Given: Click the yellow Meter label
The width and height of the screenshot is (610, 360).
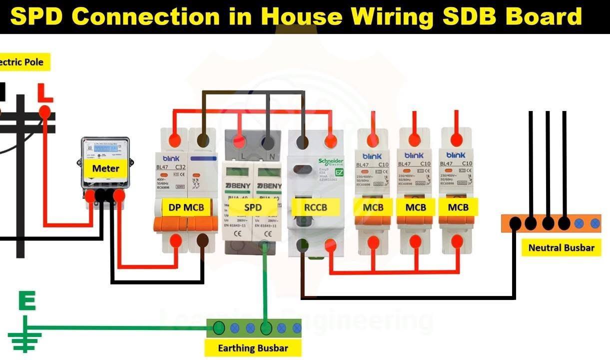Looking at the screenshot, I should pos(105,168).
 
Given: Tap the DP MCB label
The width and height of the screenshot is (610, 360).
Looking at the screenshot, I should pos(186,207).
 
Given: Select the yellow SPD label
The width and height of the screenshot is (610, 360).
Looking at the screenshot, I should pos(253,207).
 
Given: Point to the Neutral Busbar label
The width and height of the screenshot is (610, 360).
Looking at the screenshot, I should pos(561,247).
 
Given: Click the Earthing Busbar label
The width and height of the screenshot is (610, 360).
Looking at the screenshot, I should pos(253,348).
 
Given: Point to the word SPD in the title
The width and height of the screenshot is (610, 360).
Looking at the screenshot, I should pos(36,16).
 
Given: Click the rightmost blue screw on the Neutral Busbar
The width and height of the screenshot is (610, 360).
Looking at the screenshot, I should pos(595,223).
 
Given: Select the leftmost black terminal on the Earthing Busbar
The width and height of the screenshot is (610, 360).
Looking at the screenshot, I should pos(219,328).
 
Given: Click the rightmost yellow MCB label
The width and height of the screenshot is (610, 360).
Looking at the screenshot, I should pos(458,207).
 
